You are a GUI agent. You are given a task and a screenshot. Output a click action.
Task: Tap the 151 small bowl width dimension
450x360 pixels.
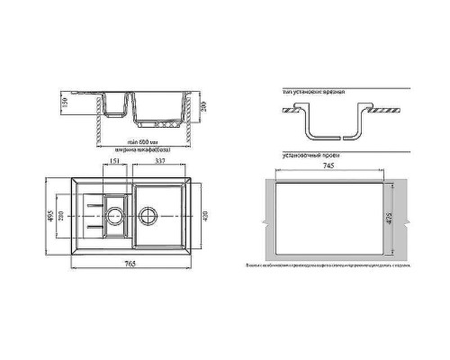click(115, 162)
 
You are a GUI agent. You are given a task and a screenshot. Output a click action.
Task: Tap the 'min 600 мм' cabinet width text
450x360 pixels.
click(140, 143)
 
